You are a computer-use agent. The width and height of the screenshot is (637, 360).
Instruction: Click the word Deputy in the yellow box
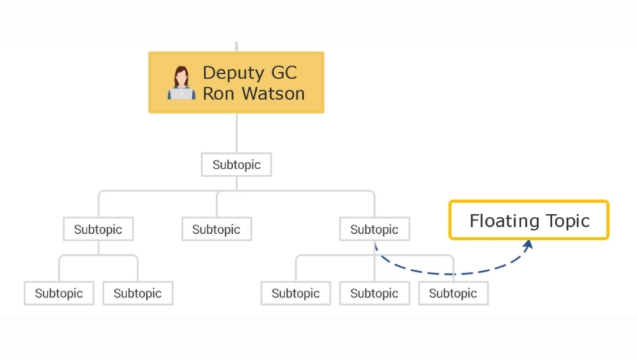point(232,73)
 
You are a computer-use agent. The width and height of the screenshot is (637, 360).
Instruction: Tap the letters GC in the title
point(284,73)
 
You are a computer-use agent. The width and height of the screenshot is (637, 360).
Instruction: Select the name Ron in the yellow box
point(219,93)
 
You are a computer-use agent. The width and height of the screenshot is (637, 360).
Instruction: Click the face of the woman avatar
point(182,77)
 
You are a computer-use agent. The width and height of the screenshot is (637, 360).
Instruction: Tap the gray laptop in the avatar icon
point(182,93)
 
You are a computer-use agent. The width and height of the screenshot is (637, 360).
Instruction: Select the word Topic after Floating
point(566,221)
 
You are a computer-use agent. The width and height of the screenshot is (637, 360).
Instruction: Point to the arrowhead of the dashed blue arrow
point(528,244)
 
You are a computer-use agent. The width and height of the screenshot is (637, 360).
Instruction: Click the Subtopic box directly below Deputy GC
point(236,165)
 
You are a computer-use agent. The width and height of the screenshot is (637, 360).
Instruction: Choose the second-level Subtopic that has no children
point(216,229)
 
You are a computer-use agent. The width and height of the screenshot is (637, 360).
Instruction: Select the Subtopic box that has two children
point(98,229)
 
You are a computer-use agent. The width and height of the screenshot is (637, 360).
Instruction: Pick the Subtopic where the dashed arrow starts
point(374,229)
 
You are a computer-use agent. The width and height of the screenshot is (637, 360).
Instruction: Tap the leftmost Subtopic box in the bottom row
point(59,293)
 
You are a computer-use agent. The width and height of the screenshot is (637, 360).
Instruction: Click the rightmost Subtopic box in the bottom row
point(453,293)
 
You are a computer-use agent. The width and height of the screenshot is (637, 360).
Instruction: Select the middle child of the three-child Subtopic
point(374,293)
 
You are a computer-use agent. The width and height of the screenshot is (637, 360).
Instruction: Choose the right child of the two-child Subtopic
point(137,293)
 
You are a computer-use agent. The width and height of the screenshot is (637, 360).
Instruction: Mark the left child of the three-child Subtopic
point(295,293)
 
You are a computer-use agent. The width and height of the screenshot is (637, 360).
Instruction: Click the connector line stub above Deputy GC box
point(237,47)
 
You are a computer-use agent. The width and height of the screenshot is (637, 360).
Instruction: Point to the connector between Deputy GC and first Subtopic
point(237,133)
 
